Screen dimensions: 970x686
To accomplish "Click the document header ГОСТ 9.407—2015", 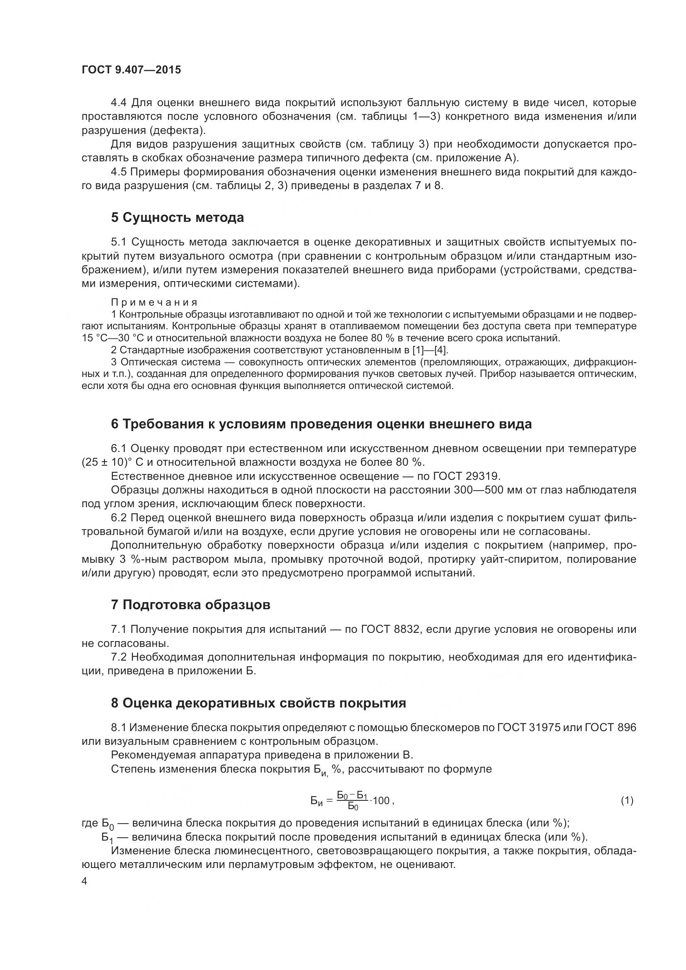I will pyautogui.click(x=131, y=70).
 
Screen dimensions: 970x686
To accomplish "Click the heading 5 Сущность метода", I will pyautogui.click(x=178, y=218).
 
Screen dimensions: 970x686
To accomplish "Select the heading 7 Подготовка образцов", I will pyautogui.click(x=190, y=605).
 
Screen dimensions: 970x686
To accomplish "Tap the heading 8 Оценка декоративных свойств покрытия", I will pyautogui.click(x=258, y=703).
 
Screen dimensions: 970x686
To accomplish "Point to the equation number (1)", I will pyautogui.click(x=627, y=800).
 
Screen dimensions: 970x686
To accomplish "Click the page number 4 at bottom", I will pyautogui.click(x=84, y=881).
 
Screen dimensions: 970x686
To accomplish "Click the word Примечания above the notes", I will pyautogui.click(x=154, y=302).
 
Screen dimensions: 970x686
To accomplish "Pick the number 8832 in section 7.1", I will pyautogui.click(x=402, y=630).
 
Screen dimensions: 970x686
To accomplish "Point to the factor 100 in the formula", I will pyautogui.click(x=381, y=800).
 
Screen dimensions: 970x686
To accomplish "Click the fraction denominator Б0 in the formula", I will pyautogui.click(x=353, y=807).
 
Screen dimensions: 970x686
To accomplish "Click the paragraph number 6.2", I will pyautogui.click(x=119, y=518).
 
